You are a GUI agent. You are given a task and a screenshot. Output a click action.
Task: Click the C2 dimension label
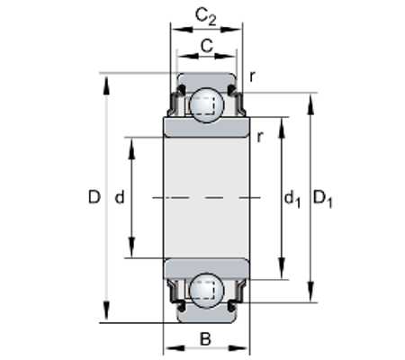coord(205,16)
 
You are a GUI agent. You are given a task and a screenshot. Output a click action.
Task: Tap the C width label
coord(207,46)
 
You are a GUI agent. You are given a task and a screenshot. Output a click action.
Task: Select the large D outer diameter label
coord(94,197)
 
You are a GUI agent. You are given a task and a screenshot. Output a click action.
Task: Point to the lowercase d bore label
coord(120,197)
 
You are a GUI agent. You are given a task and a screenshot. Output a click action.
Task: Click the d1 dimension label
coord(292,199)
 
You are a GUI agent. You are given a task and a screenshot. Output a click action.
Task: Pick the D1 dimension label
coord(323,199)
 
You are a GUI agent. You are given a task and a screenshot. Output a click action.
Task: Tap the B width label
coord(205,339)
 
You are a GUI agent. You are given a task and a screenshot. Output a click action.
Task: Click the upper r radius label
coord(252,77)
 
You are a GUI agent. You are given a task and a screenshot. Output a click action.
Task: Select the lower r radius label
coord(260,137)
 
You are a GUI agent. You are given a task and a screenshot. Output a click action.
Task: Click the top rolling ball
coord(207,105)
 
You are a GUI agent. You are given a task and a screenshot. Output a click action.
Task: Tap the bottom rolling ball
coord(207,291)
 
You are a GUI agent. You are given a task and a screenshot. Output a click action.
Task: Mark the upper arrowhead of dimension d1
coord(282,128)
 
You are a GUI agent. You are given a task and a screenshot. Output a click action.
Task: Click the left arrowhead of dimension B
coord(175,348)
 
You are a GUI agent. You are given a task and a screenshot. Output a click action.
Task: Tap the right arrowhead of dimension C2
coord(231,30)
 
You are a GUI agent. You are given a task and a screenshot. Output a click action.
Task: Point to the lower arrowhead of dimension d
coord(131,247)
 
